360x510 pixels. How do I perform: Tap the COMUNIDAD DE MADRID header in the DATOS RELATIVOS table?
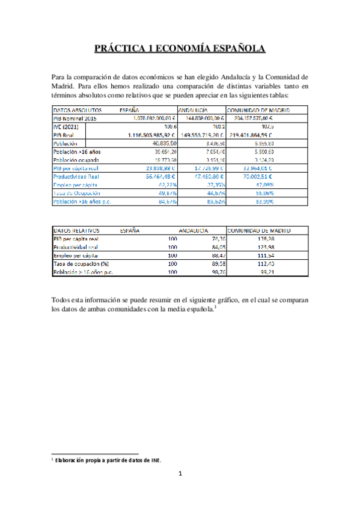(x=259, y=230)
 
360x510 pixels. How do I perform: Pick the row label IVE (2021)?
(x=66, y=127)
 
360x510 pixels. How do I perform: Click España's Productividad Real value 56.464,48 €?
(x=159, y=177)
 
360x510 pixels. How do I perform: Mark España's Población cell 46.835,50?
(x=163, y=144)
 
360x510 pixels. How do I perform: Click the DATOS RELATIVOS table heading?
(x=76, y=230)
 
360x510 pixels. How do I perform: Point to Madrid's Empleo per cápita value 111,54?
(x=281, y=255)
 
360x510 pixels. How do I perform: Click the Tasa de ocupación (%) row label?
(x=79, y=263)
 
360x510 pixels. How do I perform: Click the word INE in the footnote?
(x=155, y=461)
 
